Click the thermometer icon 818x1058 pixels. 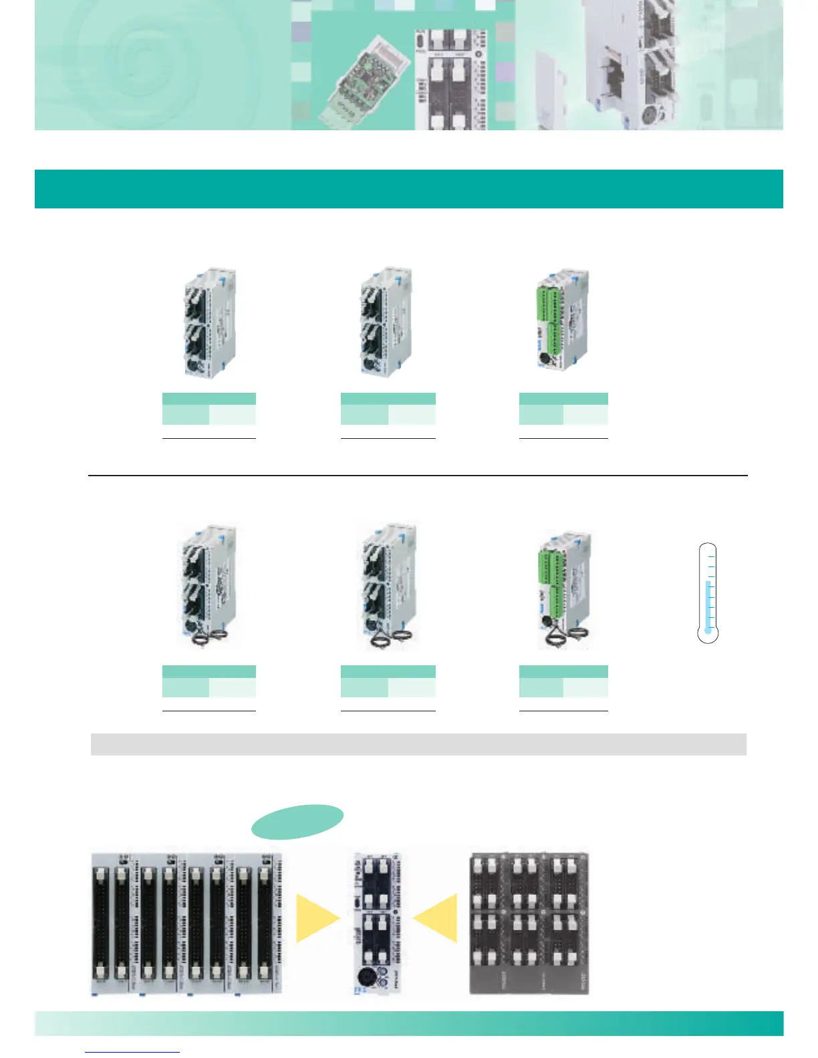[708, 593]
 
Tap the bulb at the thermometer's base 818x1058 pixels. [708, 630]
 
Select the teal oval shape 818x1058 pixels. [297, 821]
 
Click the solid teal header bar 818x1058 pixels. [408, 189]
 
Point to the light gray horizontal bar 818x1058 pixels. [418, 744]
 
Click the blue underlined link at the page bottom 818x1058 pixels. [132, 1051]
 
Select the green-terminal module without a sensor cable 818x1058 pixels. [563, 321]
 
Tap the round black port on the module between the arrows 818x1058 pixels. [365, 975]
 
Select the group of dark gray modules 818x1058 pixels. [529, 923]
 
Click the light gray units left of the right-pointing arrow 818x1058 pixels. [186, 924]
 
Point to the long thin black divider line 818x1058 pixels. [418, 476]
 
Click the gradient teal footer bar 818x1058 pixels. [408, 1023]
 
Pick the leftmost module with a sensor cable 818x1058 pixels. [209, 588]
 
